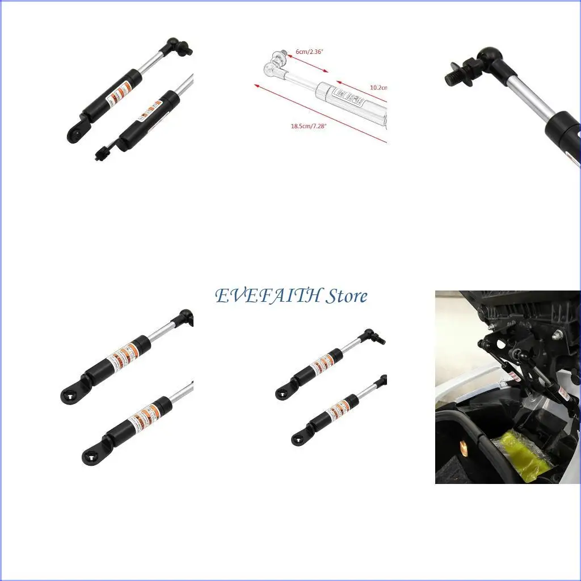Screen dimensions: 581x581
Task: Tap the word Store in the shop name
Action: pos(347,296)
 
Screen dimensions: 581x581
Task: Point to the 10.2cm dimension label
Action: pos(378,87)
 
